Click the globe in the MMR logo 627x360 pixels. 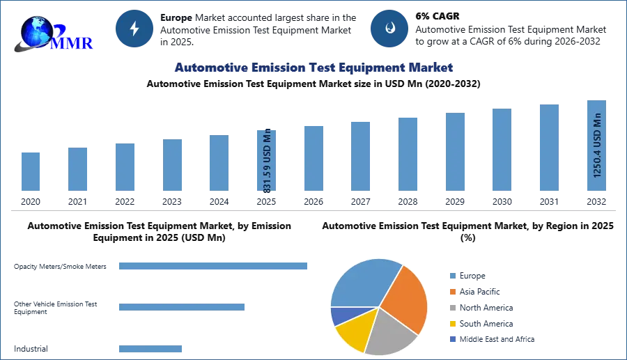(x=33, y=31)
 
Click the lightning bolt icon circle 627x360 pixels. (x=134, y=29)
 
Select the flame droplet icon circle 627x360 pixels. (x=389, y=29)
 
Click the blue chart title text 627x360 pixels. (x=314, y=68)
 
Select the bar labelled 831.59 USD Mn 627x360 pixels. (x=267, y=161)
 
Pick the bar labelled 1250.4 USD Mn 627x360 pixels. (x=596, y=148)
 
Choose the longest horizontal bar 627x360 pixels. (x=214, y=267)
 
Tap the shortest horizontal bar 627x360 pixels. (x=150, y=350)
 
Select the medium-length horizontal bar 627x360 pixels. (x=181, y=306)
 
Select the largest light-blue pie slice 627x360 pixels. (x=362, y=282)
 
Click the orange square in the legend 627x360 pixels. (x=452, y=291)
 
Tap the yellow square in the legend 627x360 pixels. (x=452, y=324)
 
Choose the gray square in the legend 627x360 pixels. (x=452, y=307)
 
